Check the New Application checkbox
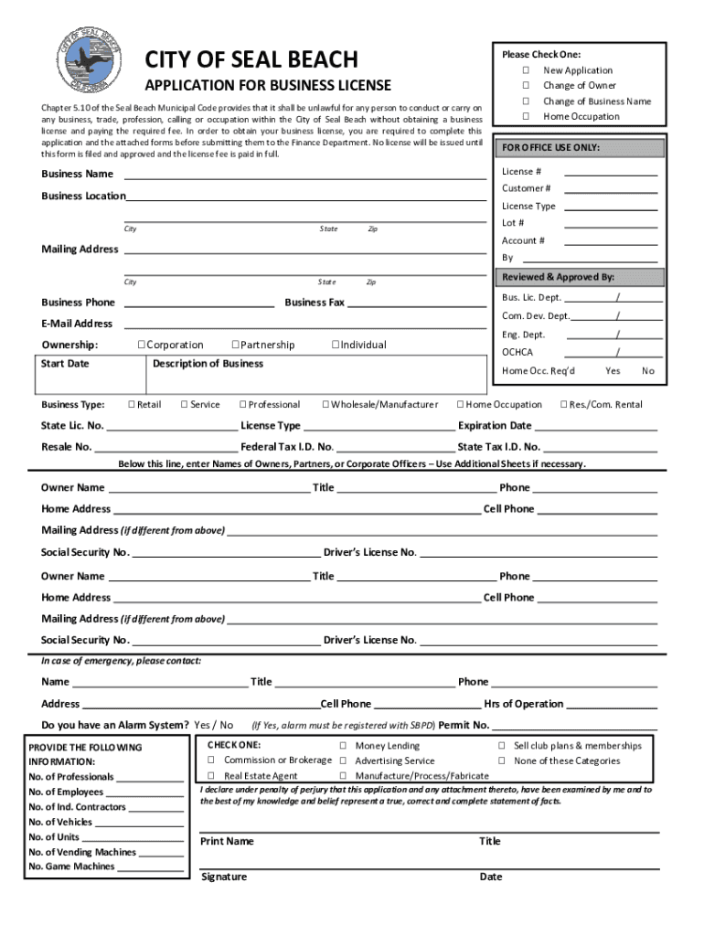(527, 70)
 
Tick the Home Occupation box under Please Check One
(527, 116)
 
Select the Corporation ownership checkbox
(142, 345)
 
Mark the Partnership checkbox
(235, 345)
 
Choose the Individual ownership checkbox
(336, 345)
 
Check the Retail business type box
(132, 404)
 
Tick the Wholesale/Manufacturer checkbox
(325, 404)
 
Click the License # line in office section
(611, 172)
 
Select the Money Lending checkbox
(343, 746)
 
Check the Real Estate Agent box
(211, 776)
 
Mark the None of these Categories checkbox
(502, 760)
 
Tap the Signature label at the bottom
(224, 877)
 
